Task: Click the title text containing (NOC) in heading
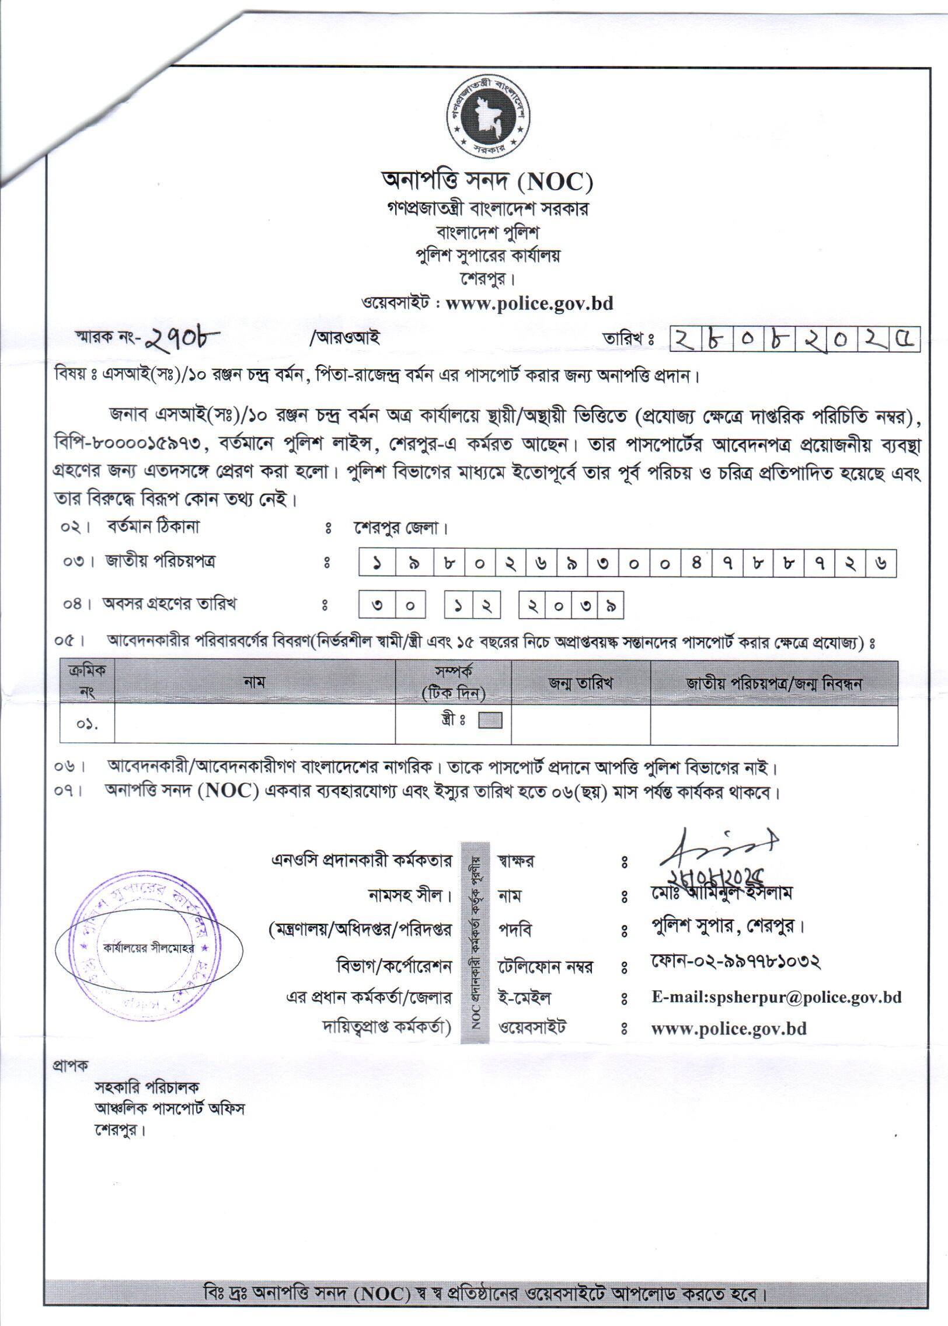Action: [x=486, y=182]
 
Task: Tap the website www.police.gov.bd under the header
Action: [x=529, y=303]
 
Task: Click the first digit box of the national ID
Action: [x=378, y=564]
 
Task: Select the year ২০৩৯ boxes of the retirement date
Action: [x=571, y=605]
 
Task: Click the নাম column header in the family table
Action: [x=255, y=682]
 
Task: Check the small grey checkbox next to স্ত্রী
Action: [x=490, y=721]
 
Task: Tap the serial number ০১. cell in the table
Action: [x=87, y=725]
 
